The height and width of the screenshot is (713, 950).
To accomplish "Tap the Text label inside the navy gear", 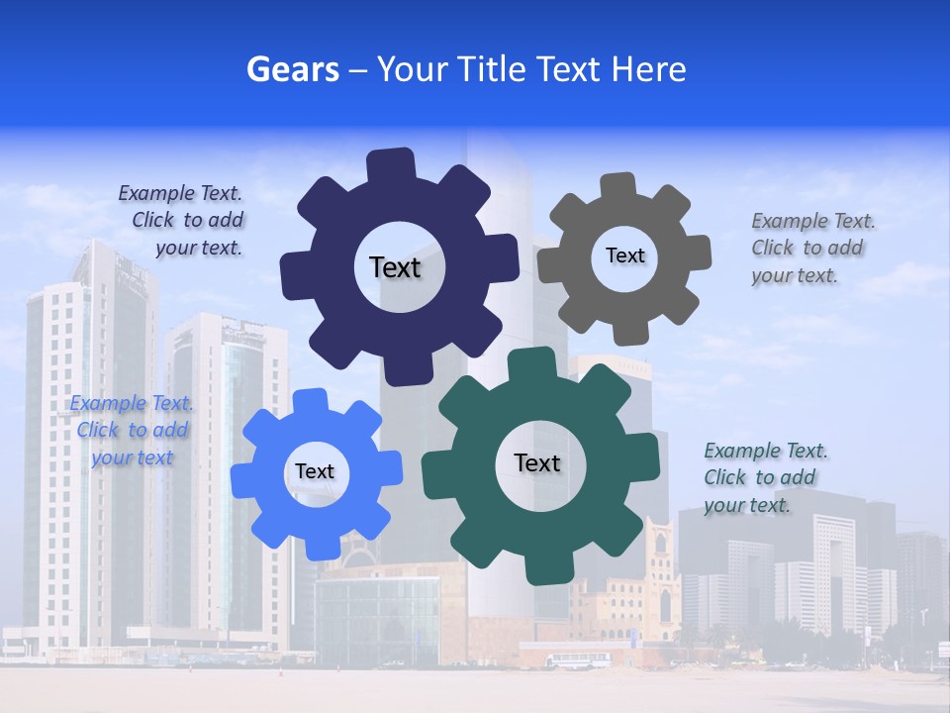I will [395, 267].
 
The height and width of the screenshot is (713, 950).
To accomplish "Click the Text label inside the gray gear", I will [624, 255].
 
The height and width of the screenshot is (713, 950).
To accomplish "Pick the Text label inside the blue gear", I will [315, 471].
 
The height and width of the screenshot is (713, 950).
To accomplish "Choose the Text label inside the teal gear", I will [537, 462].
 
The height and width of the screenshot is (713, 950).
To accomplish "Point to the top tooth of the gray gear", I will [617, 186].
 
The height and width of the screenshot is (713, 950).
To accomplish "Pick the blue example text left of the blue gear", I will [132, 431].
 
